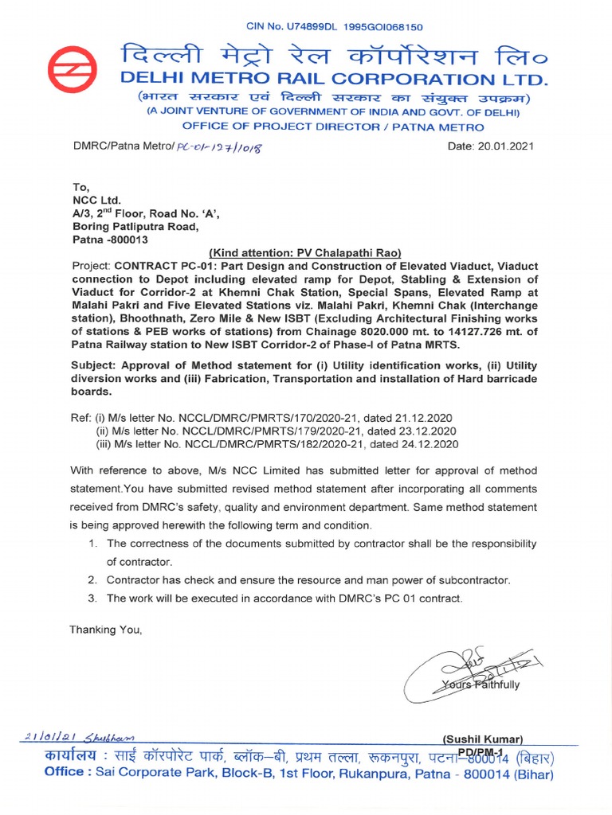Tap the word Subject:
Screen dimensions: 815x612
96,365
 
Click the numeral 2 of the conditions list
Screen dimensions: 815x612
93,579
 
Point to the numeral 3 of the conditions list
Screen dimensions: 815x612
93,598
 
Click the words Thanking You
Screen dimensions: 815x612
106,630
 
